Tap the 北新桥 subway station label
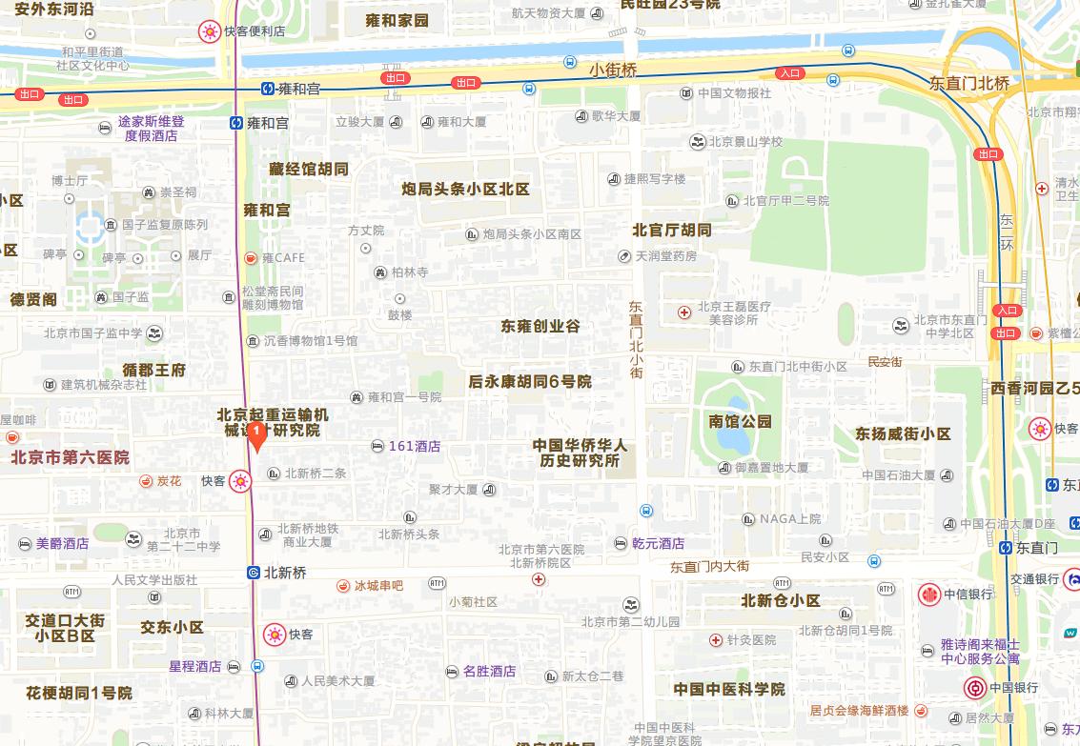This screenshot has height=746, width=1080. [x=285, y=573]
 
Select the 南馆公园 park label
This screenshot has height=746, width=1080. [x=740, y=421]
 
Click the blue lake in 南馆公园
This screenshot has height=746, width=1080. [x=733, y=435]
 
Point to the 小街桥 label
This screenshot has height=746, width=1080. [x=612, y=70]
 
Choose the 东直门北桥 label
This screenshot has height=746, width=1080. [x=969, y=84]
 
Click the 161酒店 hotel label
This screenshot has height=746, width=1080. [x=415, y=446]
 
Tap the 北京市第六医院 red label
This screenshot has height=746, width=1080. [x=70, y=457]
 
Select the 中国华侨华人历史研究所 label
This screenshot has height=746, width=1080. [x=580, y=453]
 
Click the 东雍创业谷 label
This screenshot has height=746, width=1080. [x=540, y=326]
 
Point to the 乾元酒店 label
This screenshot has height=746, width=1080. [x=658, y=543]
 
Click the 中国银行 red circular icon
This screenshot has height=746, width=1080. [x=975, y=688]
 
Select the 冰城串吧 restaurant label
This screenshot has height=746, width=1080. [x=378, y=585]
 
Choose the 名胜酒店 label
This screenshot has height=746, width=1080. [x=489, y=671]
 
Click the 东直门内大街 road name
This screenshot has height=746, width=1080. [x=709, y=566]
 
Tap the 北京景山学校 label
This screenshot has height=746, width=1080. [x=744, y=142]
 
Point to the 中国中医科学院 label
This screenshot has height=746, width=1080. [x=729, y=689]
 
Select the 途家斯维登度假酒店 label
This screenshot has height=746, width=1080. [x=151, y=129]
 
